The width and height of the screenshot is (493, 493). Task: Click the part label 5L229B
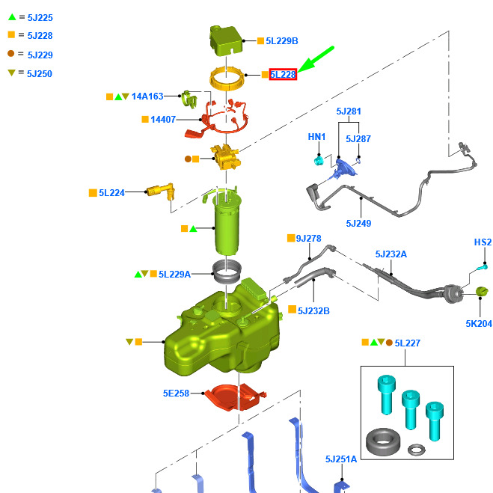pos(282,41)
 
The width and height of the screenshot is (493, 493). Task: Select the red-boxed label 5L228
pos(284,75)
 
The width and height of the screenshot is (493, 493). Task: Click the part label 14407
pos(164,119)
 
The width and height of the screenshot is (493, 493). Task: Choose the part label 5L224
pos(111,193)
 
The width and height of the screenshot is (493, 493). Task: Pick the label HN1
pos(317,137)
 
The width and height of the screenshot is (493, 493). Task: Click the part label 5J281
pos(349,112)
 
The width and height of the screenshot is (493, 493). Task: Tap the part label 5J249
pos(358,223)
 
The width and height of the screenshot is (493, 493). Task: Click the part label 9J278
pos(308,239)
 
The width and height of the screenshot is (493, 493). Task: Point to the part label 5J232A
pos(391,254)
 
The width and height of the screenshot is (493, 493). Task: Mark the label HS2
pos(483,242)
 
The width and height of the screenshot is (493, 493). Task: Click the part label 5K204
pos(479,324)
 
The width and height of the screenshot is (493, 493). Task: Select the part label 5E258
pos(176,393)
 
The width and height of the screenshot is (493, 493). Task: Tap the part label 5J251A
pos(341,459)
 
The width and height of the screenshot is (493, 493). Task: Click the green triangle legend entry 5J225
pos(33,16)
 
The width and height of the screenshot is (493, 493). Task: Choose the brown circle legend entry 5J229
pos(33,55)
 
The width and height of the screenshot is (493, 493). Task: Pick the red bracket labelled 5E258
pos(232,396)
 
